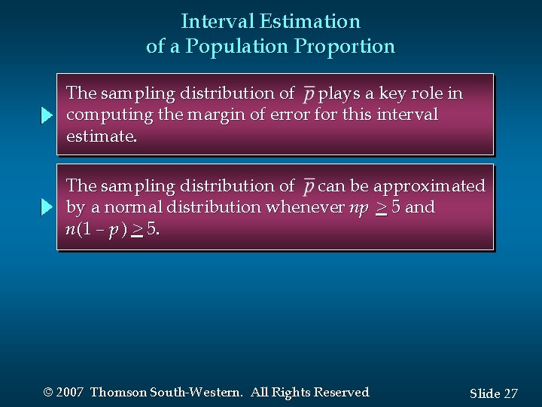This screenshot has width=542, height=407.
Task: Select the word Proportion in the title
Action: (x=345, y=47)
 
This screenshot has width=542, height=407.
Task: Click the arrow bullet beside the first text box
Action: (x=47, y=116)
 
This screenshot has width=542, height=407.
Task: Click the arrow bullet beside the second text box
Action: (x=47, y=207)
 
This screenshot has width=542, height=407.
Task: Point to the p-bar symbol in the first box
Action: (x=309, y=95)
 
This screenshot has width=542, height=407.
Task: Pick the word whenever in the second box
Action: (x=307, y=207)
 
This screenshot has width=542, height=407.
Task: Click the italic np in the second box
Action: (x=358, y=207)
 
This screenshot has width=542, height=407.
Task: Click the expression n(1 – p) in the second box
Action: (x=95, y=228)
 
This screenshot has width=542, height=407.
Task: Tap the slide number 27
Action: (x=510, y=393)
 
